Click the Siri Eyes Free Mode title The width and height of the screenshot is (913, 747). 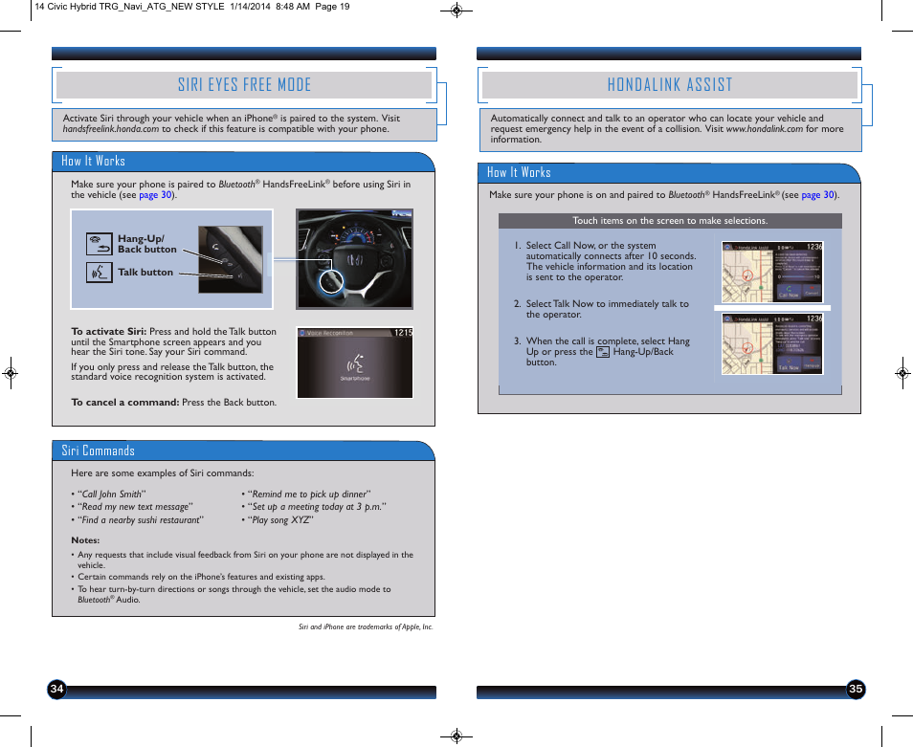[x=244, y=85]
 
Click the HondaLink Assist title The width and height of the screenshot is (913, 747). [x=669, y=85]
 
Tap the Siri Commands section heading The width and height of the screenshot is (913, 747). [x=98, y=450]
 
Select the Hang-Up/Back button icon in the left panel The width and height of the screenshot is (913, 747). [x=99, y=244]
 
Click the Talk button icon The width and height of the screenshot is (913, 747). [x=99, y=273]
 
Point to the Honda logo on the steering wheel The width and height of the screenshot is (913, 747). [x=354, y=259]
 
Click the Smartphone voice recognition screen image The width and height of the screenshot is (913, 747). [x=354, y=363]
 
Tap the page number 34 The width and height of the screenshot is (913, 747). [x=57, y=690]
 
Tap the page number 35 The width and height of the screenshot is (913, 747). [x=856, y=690]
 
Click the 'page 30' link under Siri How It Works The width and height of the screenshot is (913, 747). [x=155, y=195]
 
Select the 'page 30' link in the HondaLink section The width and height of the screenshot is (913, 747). [x=817, y=195]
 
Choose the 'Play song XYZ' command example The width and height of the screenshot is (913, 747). [x=280, y=520]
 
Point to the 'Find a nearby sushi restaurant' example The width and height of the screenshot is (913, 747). [x=141, y=520]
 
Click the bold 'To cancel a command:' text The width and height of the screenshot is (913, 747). [x=124, y=403]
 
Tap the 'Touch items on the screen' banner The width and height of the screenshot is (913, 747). [x=670, y=221]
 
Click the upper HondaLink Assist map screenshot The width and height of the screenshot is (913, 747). [x=772, y=272]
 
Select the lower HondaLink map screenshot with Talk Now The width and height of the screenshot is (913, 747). [x=772, y=343]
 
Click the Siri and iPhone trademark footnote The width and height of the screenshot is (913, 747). [x=366, y=627]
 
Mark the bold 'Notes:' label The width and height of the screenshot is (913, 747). [x=85, y=540]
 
